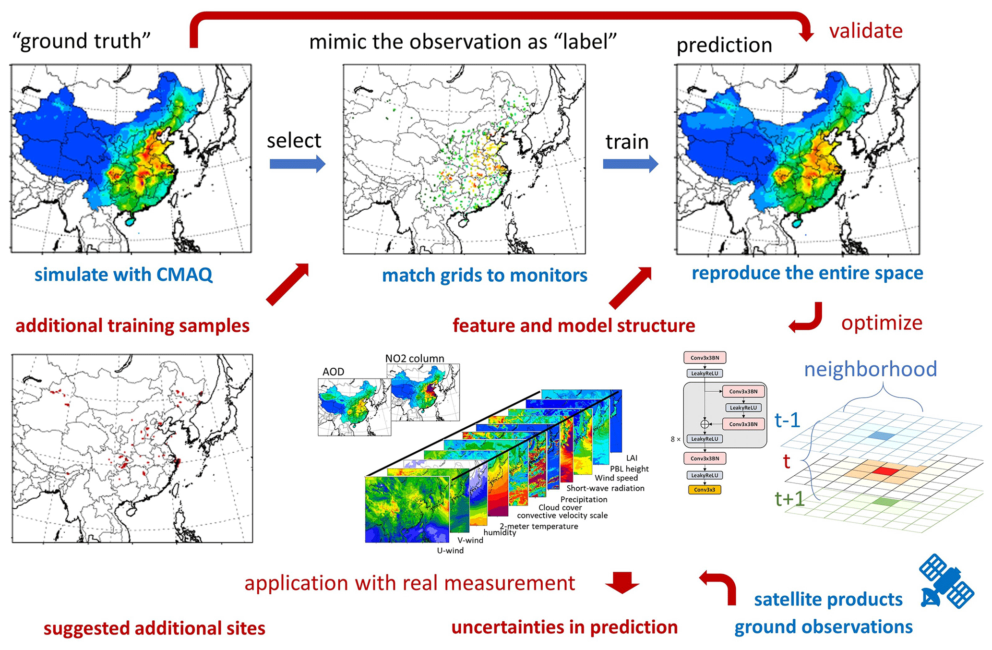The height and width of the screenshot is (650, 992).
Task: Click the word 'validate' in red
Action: (866, 31)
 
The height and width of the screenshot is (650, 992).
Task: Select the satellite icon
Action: (946, 581)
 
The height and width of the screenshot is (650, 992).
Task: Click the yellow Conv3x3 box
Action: (705, 490)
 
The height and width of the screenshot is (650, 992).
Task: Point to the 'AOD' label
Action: (333, 372)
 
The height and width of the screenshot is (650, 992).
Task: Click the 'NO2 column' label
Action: (415, 358)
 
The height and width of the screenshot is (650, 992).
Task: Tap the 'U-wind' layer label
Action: (450, 550)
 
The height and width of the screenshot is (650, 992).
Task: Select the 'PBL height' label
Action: (629, 469)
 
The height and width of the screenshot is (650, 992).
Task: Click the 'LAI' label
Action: (632, 458)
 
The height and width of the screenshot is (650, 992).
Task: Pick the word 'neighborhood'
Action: (870, 369)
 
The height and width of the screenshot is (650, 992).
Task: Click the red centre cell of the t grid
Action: (884, 471)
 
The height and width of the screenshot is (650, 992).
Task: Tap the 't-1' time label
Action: (787, 421)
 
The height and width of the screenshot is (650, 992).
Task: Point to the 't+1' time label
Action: (789, 499)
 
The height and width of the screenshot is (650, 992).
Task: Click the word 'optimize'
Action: (882, 323)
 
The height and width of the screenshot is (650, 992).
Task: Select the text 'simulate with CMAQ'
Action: (123, 275)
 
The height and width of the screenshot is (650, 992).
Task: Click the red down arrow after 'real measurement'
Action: (622, 582)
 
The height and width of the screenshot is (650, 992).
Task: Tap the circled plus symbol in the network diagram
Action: (705, 424)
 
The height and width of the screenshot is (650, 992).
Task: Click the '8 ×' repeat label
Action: (675, 439)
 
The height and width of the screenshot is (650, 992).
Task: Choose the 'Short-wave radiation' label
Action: (605, 488)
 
